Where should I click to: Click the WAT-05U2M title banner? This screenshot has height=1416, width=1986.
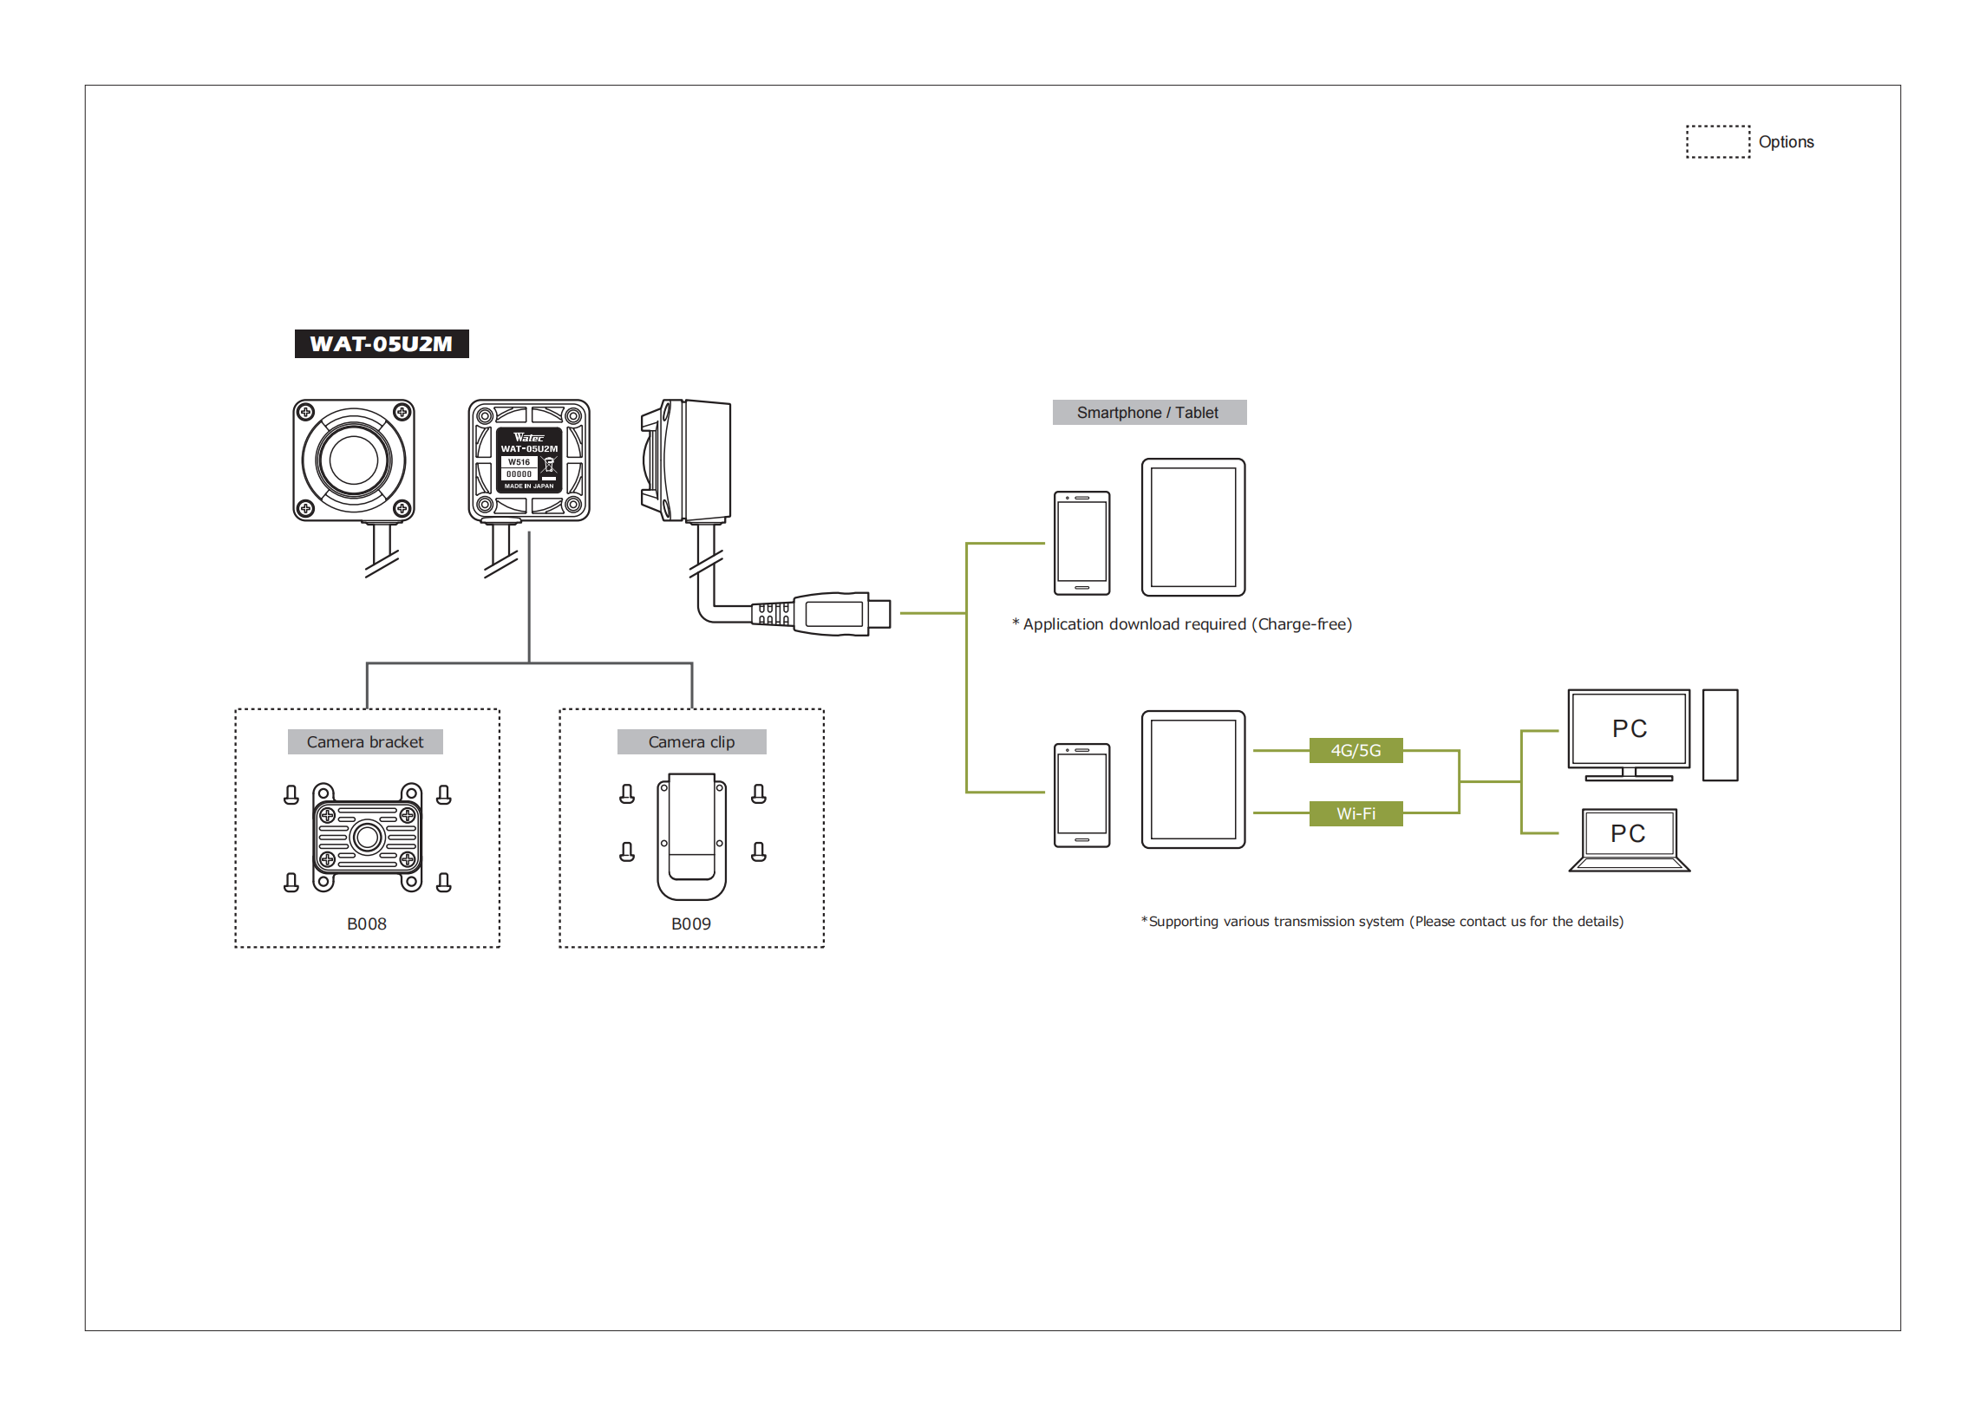tap(381, 343)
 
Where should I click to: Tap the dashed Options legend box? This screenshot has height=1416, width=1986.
tap(1716, 141)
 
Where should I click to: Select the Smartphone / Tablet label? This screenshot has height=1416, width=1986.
tap(1148, 413)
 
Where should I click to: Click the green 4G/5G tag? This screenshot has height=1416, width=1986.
tap(1355, 750)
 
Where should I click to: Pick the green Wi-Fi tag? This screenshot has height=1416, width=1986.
tap(1355, 813)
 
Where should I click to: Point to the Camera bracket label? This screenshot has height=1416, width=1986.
tap(364, 742)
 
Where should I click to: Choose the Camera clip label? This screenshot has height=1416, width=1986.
tap(691, 742)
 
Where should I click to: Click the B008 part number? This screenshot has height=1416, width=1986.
tap(366, 923)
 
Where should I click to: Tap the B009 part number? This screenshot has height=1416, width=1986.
tap(690, 923)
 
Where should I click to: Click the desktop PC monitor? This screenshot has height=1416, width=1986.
tap(1628, 730)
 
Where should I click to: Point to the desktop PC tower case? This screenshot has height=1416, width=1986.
tap(1719, 735)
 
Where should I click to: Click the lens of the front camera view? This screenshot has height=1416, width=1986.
tap(353, 460)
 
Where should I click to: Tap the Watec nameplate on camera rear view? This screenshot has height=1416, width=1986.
tap(528, 460)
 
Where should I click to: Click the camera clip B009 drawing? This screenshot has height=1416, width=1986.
tap(691, 835)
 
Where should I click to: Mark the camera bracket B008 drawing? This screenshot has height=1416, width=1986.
tap(367, 837)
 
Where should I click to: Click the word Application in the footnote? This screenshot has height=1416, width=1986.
tap(1056, 624)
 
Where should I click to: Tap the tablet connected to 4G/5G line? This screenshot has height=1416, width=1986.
tap(1192, 779)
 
